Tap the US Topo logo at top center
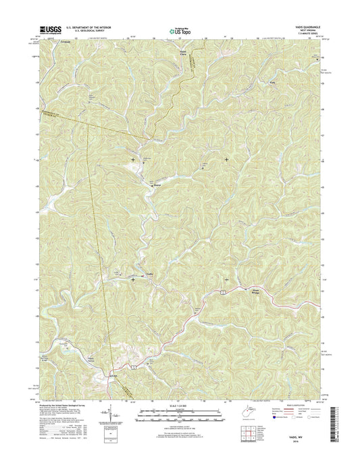[180, 30]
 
